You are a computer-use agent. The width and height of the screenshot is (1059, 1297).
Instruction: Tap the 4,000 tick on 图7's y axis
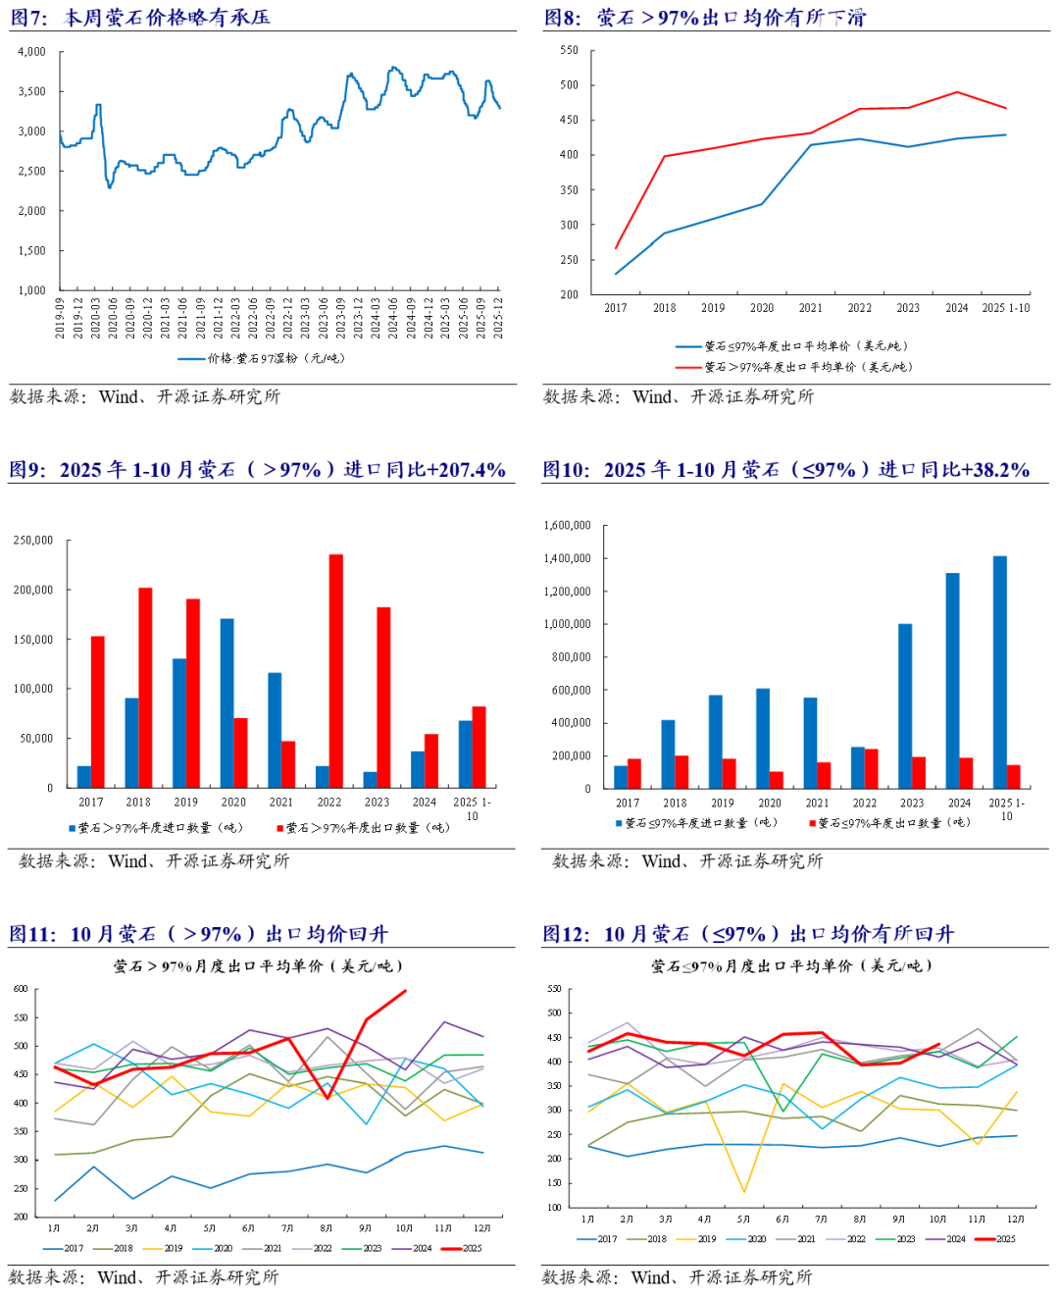click(31, 52)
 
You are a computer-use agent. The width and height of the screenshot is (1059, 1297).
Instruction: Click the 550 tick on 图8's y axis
click(569, 50)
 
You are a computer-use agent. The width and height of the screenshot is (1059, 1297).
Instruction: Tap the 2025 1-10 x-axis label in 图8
click(1006, 308)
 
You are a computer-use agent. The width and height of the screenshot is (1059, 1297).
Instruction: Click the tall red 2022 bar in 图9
click(336, 670)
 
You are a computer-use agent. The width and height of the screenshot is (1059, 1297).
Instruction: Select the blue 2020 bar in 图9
click(227, 702)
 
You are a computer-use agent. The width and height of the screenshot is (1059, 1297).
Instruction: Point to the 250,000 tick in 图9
click(33, 541)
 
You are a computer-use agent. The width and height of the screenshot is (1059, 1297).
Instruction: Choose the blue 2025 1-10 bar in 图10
click(1000, 672)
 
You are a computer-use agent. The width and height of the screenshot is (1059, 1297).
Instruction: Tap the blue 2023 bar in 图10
click(905, 705)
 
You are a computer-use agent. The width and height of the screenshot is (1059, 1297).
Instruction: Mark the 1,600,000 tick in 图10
click(568, 526)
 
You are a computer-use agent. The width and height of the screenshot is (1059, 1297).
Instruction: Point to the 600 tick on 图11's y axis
click(21, 989)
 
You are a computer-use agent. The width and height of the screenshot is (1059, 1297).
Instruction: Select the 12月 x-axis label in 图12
click(1016, 1219)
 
